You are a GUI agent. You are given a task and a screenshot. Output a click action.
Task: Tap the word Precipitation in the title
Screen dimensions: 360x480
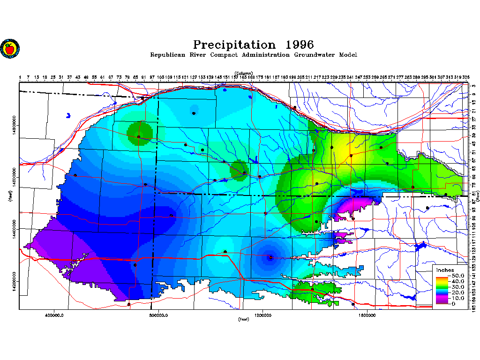click(x=234, y=45)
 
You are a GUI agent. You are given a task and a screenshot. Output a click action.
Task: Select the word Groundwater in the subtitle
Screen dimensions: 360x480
click(x=311, y=55)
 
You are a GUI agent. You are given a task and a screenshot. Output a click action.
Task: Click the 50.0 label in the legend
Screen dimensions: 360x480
click(x=456, y=276)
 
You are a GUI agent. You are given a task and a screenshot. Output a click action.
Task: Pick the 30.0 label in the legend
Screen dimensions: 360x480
click(x=456, y=287)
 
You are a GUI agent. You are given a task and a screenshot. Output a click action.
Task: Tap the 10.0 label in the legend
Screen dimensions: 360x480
click(x=456, y=298)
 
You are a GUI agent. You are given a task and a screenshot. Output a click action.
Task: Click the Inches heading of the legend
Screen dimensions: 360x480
click(x=445, y=270)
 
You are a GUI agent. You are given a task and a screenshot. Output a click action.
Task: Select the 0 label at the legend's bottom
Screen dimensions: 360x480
click(x=452, y=304)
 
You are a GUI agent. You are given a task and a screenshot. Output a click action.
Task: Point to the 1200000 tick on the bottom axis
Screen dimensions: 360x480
click(x=263, y=315)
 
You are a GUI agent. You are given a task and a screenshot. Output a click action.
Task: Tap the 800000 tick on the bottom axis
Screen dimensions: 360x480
click(x=159, y=315)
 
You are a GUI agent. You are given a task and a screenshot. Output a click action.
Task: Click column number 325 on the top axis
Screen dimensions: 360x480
click(x=466, y=77)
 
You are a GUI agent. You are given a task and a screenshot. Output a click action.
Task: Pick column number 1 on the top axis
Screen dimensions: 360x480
click(x=20, y=77)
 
